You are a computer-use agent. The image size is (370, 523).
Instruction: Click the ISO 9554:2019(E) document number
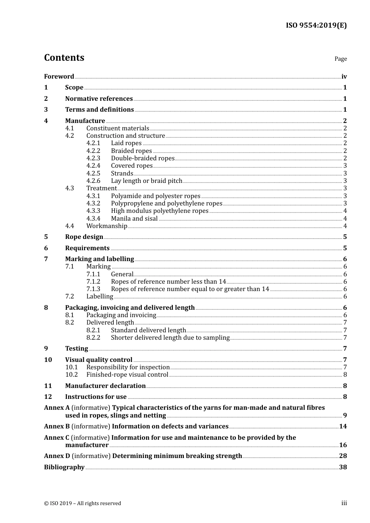[x=316, y=26]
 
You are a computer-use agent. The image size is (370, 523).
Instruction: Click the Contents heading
[x=64, y=58]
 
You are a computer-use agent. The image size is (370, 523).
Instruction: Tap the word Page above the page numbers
[x=340, y=59]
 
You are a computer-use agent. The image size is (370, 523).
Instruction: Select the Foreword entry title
[x=59, y=76]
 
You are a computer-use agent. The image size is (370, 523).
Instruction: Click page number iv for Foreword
[x=344, y=77]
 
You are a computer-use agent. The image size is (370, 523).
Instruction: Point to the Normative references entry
[x=99, y=98]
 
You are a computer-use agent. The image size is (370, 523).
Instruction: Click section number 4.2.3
[x=93, y=158]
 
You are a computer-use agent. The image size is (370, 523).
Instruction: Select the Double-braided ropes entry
[x=143, y=158]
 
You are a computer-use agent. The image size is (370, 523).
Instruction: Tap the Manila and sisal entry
[x=134, y=218]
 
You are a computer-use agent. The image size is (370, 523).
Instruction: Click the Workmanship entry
[x=107, y=226]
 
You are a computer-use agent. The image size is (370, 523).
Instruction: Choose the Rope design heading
[x=84, y=237]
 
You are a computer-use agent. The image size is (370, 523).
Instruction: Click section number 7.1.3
[x=93, y=289]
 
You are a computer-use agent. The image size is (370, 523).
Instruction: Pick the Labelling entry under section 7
[x=100, y=296]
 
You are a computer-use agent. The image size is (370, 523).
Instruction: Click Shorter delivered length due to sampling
[x=170, y=337]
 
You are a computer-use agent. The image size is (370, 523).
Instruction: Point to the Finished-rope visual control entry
[x=127, y=374]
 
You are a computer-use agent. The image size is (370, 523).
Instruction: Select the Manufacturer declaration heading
[x=105, y=386]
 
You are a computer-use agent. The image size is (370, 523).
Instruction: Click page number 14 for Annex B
[x=343, y=426]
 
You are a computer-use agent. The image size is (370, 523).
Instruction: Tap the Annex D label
[x=57, y=456]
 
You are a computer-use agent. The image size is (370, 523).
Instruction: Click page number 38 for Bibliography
[x=343, y=467]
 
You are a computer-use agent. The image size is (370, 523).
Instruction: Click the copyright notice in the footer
[x=83, y=503]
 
